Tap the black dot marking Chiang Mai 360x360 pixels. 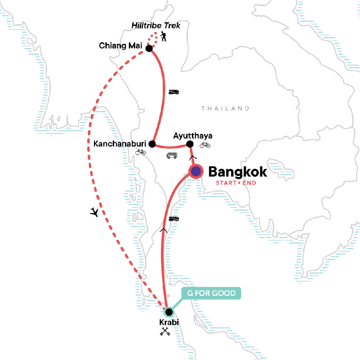point(149,48)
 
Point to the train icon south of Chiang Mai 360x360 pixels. point(174,92)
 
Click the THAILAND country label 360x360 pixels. point(225,108)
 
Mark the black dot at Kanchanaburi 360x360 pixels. point(152,144)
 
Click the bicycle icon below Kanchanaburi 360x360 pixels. point(141,152)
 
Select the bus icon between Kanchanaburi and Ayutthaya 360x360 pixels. point(172,156)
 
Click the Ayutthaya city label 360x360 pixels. point(193,136)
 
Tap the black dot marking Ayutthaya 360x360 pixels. point(189,145)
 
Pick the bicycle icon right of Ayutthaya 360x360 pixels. point(205,145)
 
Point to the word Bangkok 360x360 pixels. point(238,172)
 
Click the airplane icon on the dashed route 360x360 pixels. point(94,212)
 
